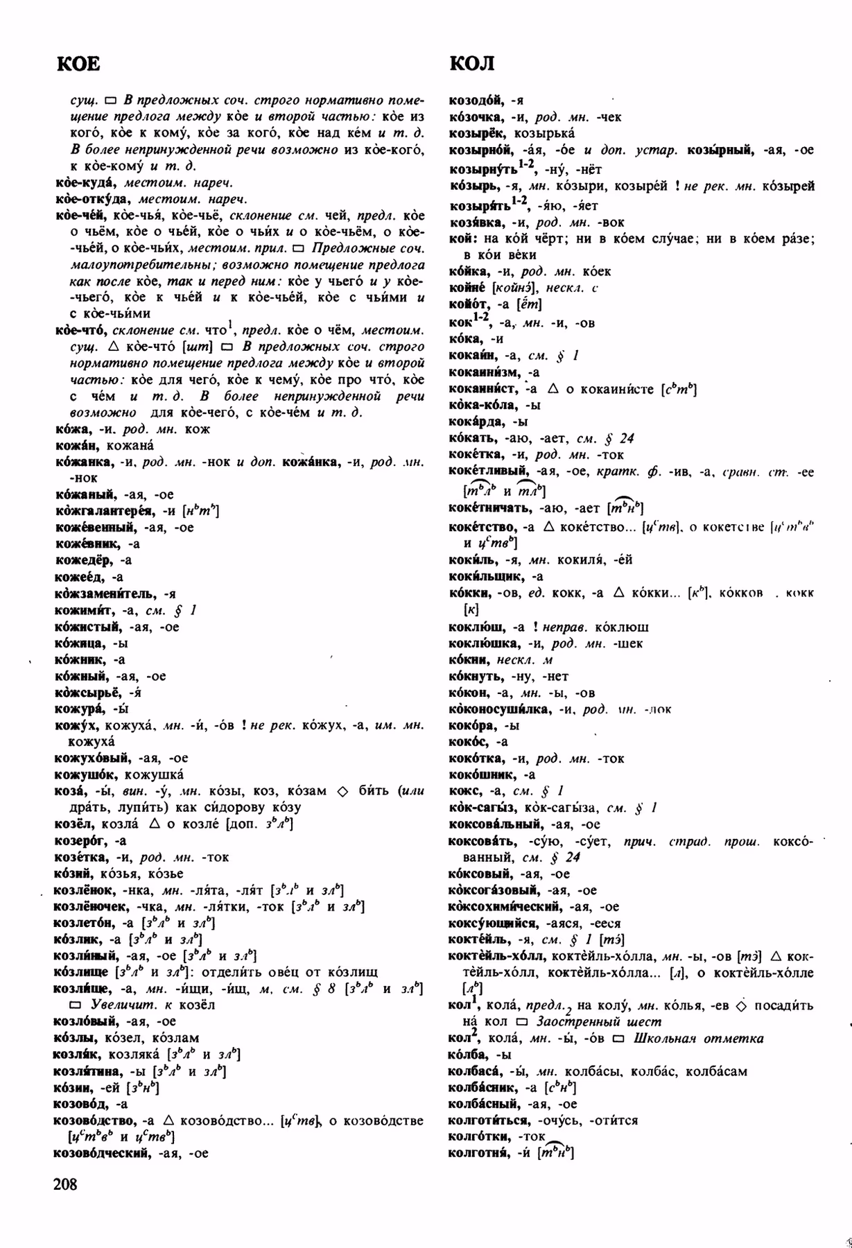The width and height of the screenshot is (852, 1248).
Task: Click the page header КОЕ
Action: [x=78, y=64]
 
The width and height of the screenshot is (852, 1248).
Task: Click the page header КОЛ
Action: [x=472, y=64]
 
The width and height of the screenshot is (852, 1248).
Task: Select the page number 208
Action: [x=65, y=1184]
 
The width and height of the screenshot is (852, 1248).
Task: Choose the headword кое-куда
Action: [x=85, y=183]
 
